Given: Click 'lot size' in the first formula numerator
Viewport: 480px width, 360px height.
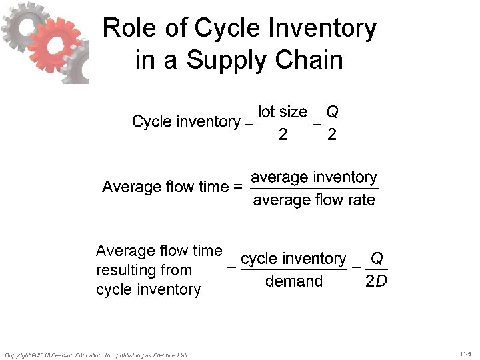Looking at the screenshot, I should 283,111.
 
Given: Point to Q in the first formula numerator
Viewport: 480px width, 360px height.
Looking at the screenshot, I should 332,111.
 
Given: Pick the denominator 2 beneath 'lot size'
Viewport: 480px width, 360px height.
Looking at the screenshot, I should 283,135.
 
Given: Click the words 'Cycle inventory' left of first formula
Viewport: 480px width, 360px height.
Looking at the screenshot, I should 185,121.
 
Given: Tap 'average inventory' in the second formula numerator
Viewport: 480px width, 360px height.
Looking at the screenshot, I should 314,177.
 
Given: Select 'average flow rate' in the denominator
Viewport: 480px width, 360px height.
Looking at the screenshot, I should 314,200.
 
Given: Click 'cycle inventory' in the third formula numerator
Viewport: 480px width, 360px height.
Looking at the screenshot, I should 293,259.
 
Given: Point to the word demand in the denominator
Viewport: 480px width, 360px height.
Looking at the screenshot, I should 293,281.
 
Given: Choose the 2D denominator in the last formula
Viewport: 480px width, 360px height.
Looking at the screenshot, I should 376,281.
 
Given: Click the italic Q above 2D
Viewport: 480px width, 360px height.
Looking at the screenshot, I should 377,258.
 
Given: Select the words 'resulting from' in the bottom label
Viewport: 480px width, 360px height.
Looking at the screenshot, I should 143,270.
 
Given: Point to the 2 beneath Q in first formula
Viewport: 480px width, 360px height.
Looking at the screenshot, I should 332,135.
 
